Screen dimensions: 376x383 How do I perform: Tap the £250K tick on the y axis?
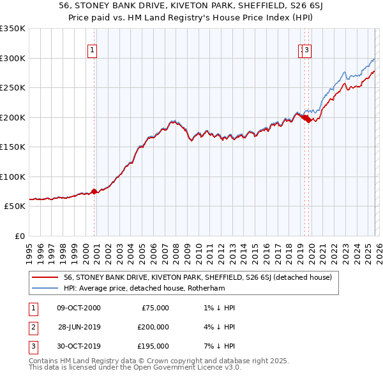(x=13, y=87)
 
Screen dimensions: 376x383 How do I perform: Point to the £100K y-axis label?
(x=13, y=177)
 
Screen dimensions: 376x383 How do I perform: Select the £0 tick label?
(x=19, y=236)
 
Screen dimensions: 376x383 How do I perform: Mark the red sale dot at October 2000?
(x=94, y=191)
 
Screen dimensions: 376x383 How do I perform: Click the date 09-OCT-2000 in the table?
(x=79, y=308)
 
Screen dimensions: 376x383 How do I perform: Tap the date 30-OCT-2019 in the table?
(x=79, y=346)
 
